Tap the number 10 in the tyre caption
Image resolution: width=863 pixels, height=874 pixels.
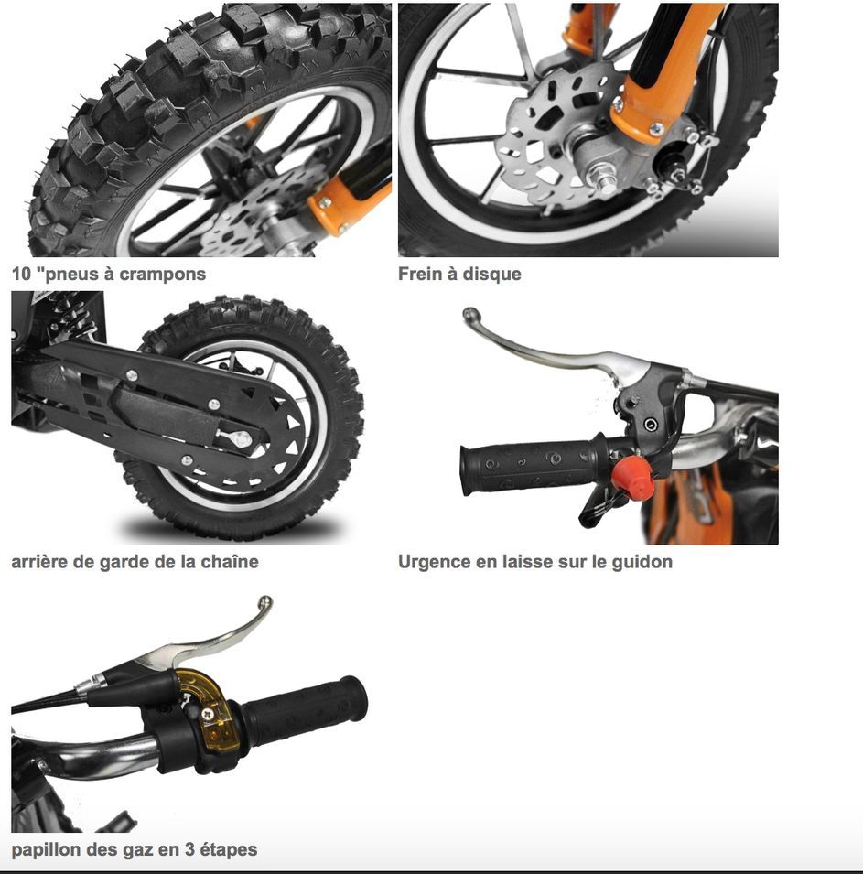21,274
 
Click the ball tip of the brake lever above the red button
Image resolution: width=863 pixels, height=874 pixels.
470,314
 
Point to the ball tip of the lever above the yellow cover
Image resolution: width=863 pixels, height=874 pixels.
265,602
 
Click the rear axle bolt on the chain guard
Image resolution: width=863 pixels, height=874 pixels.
241,438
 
